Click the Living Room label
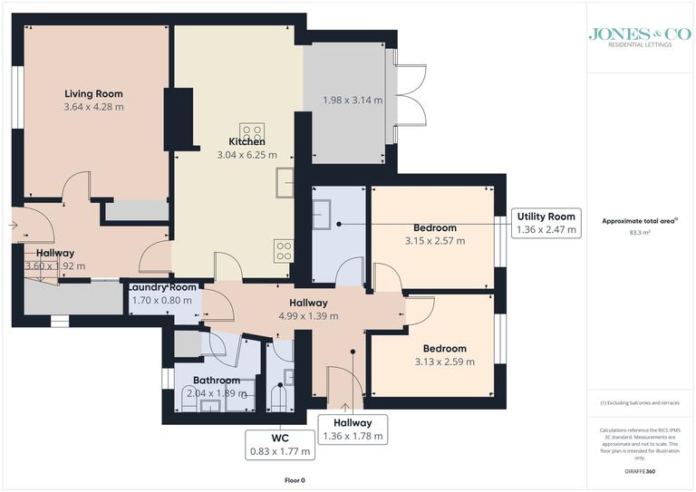93,93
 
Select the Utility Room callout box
546,223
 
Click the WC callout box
279,442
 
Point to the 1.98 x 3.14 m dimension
353,100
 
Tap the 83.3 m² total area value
640,233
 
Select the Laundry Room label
162,286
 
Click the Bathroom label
216,380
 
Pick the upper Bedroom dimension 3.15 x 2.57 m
435,241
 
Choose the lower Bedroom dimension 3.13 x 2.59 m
444,362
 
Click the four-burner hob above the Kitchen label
251,130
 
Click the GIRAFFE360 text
639,473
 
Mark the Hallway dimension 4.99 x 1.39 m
308,316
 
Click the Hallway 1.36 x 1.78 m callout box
353,429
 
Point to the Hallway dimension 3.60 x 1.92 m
55,266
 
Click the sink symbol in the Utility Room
322,216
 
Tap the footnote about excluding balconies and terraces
640,402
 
